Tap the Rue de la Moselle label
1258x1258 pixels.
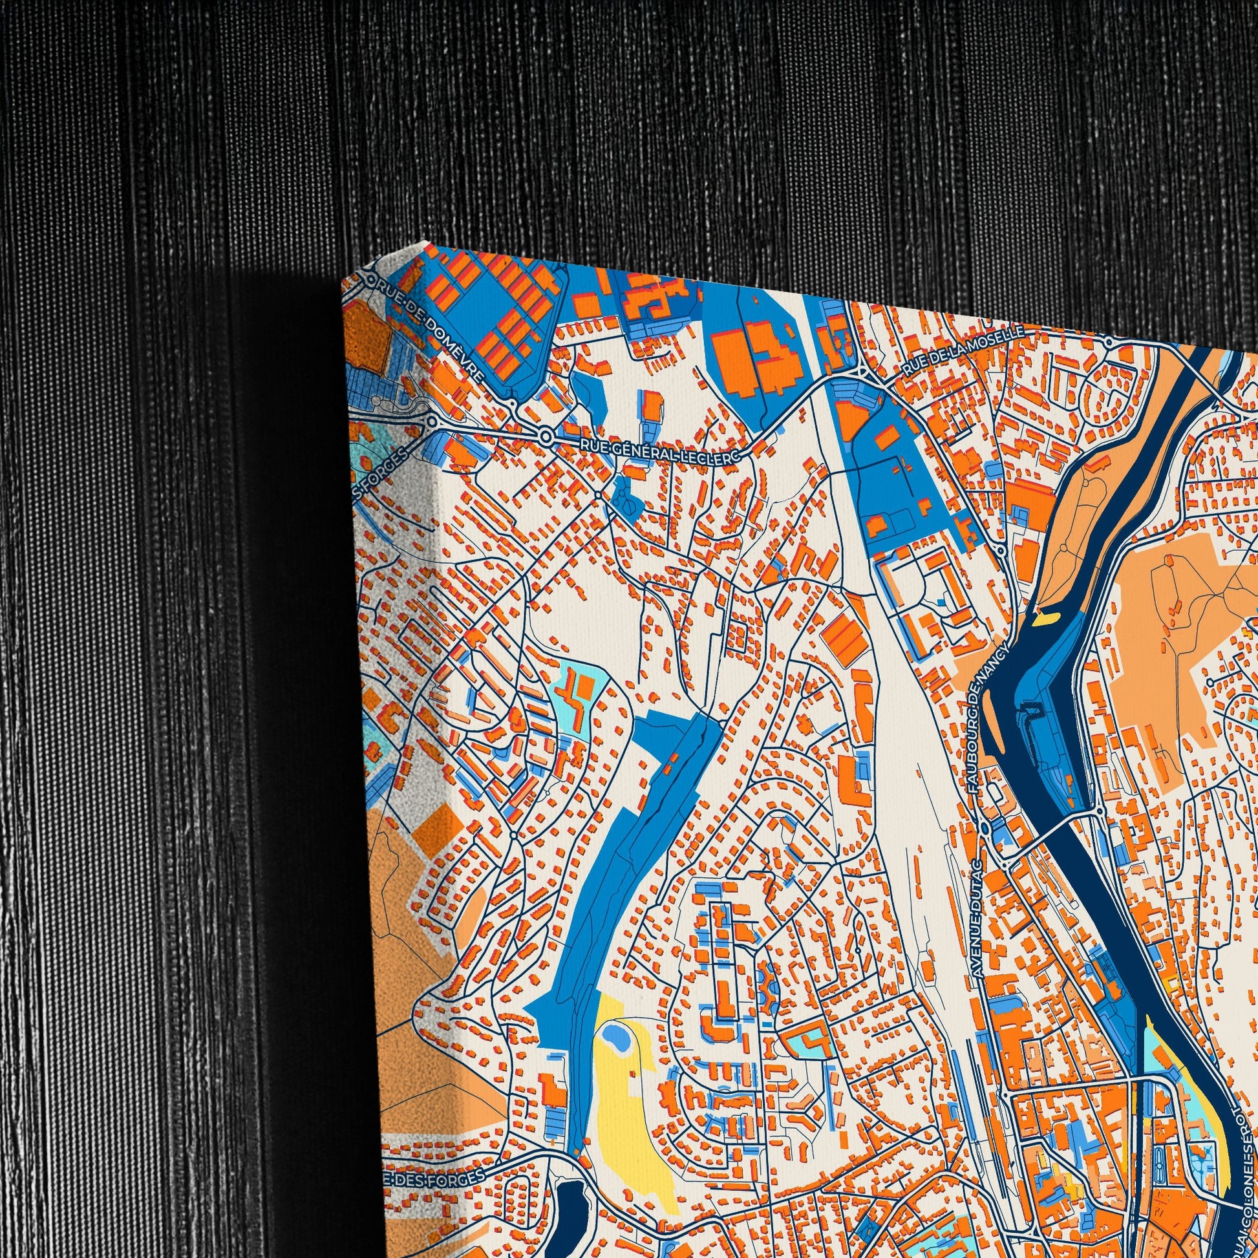(x=963, y=352)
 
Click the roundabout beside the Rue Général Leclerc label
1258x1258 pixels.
(x=546, y=435)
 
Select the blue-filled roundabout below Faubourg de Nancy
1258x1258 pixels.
(x=985, y=827)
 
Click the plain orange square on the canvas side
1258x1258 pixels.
(x=435, y=824)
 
